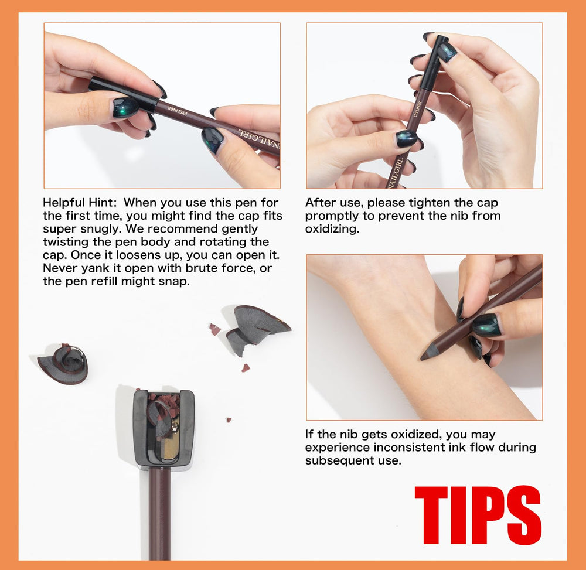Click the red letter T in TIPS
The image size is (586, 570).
pyautogui.click(x=432, y=515)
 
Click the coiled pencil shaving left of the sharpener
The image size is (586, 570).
pyautogui.click(x=63, y=364)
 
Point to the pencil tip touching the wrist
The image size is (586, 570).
pyautogui.click(x=425, y=355)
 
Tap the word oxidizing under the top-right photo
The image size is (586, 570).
pyautogui.click(x=332, y=229)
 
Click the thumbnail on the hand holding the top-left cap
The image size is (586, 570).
pyautogui.click(x=125, y=107)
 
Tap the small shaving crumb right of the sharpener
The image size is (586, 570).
pyautogui.click(x=229, y=420)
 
